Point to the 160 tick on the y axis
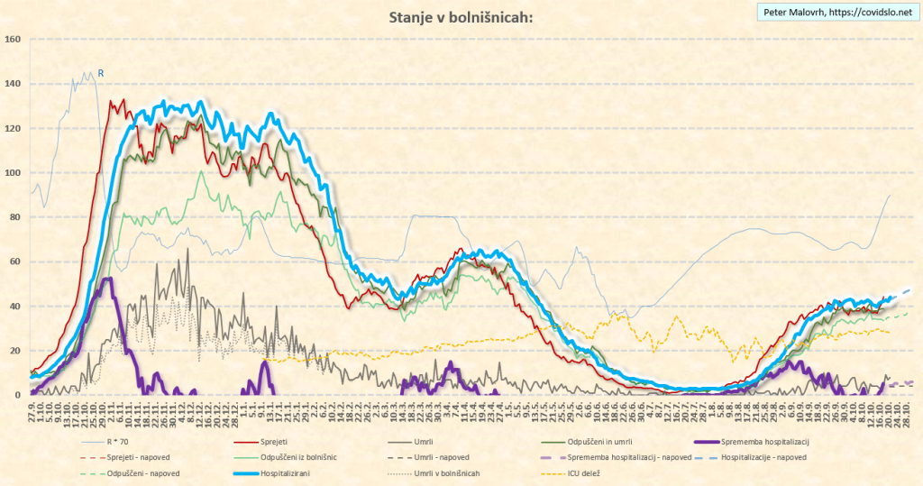[x=13, y=40]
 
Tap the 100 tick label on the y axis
[x=13, y=172]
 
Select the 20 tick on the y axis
[x=15, y=351]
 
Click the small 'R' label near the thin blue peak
[x=101, y=73]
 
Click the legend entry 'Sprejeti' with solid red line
[x=279, y=443]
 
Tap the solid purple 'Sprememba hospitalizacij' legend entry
[x=762, y=443]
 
